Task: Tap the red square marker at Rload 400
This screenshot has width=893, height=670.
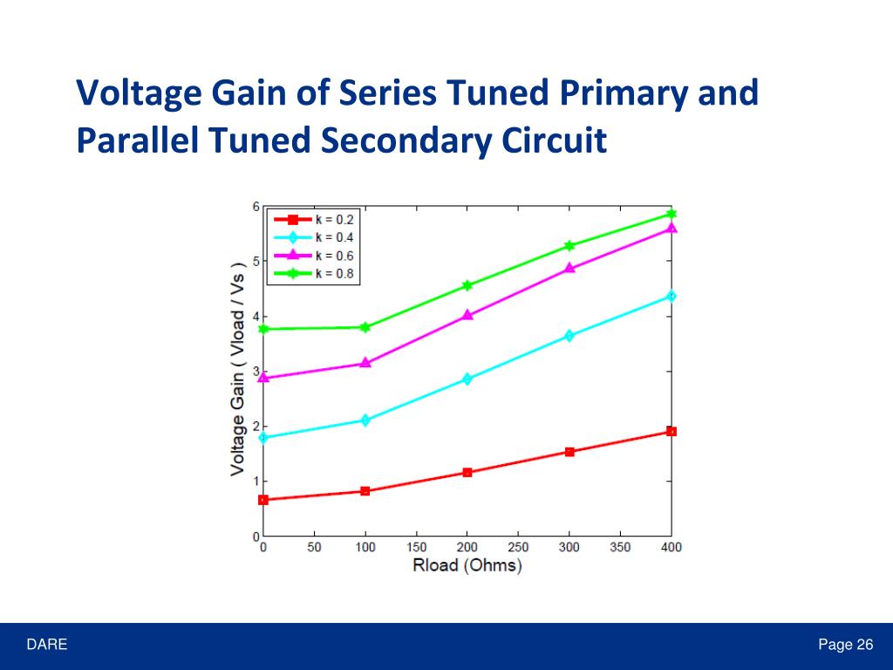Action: [671, 431]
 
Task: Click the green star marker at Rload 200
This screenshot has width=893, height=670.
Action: [467, 285]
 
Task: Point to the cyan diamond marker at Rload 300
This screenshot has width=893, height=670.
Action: [569, 336]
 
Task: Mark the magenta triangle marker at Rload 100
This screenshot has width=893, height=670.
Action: [365, 363]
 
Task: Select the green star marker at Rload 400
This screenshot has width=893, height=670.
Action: [671, 214]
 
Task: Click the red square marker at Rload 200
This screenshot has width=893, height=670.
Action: [467, 472]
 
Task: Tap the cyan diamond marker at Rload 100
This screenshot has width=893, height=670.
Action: [365, 420]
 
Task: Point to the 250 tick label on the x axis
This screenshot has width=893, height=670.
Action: [518, 548]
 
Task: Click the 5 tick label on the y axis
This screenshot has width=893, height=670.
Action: [256, 262]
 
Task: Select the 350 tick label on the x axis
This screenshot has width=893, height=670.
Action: [620, 548]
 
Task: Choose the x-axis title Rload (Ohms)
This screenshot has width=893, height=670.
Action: [467, 565]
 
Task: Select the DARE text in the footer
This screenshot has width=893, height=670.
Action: [46, 646]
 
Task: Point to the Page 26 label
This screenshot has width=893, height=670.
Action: [845, 646]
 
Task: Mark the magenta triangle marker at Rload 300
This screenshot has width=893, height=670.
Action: [569, 269]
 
